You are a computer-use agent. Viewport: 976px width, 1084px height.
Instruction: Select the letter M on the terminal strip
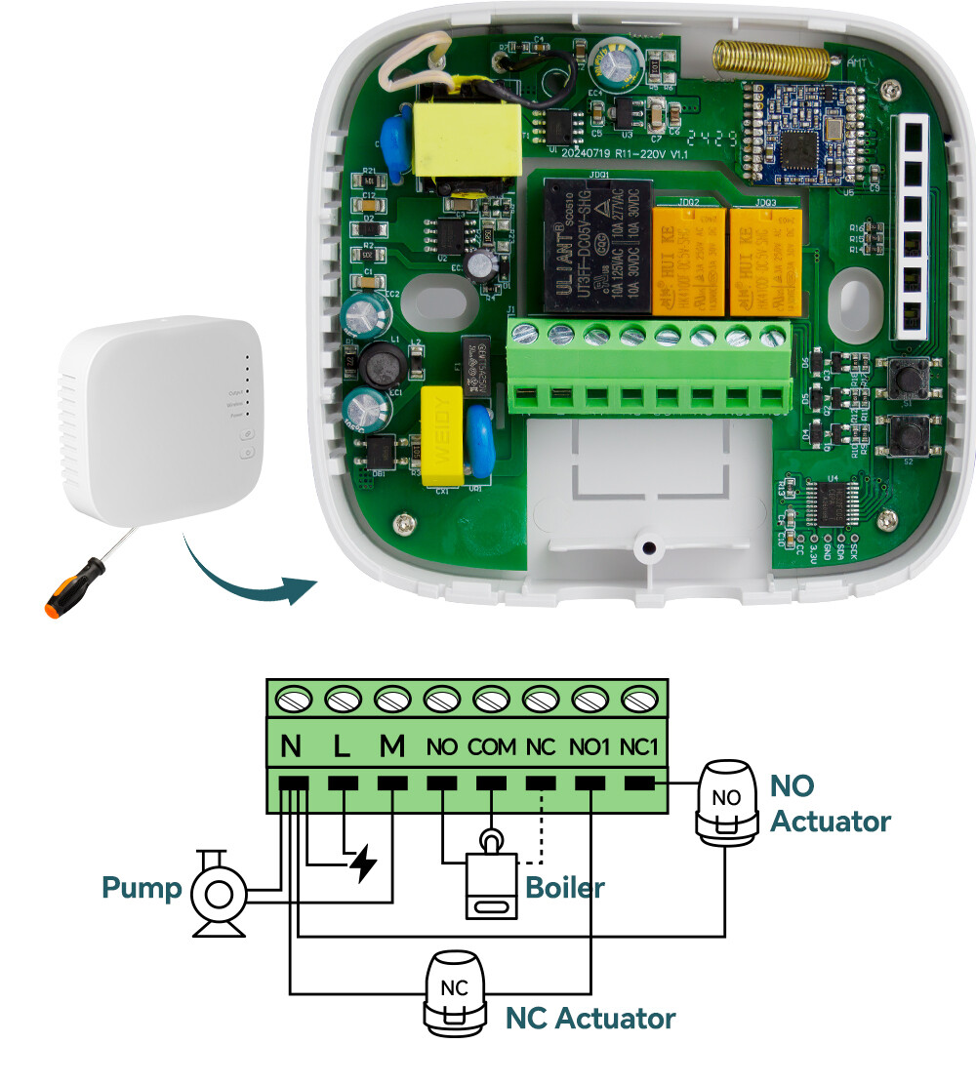pos(391,747)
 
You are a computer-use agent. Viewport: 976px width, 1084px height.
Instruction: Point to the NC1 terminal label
pos(640,748)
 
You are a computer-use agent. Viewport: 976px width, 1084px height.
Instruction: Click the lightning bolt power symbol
pos(363,864)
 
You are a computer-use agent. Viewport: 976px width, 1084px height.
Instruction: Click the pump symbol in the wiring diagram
pos(218,892)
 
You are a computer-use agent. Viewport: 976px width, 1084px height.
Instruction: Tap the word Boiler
pos(564,888)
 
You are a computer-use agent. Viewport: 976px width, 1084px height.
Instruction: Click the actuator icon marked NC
pos(455,994)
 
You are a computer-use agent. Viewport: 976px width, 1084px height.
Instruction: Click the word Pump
pos(142,889)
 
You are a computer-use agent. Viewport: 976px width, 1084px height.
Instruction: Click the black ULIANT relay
pos(589,249)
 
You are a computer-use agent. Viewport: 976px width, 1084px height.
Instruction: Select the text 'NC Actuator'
pos(590,1019)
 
